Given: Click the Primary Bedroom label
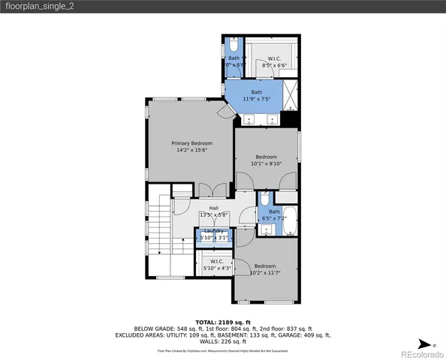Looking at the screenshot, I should click(191, 143).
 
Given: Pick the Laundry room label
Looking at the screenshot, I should click(214, 230).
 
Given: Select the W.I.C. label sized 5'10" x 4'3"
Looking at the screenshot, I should click(217, 261).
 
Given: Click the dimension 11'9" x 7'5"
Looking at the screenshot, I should click(257, 99).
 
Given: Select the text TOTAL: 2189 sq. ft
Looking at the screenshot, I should click(223, 321).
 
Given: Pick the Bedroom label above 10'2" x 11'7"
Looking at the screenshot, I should click(265, 266).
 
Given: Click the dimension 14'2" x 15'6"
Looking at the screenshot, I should click(191, 150).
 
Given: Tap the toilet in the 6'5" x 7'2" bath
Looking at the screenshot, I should click(264, 200).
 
